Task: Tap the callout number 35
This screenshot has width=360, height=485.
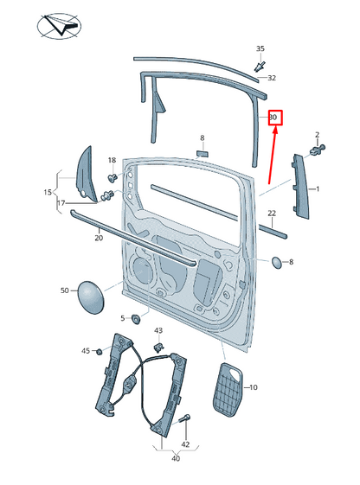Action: point(260,48)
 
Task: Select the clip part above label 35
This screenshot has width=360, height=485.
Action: point(260,64)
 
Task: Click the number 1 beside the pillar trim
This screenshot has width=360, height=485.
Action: point(318,188)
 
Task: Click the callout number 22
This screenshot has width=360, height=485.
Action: point(271,213)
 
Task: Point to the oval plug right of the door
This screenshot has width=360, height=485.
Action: point(275,261)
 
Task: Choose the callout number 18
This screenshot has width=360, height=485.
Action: point(112,161)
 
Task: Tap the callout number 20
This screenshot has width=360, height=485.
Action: point(99,237)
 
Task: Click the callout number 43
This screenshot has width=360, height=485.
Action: point(158,331)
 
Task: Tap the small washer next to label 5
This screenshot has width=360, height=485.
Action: point(137,319)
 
